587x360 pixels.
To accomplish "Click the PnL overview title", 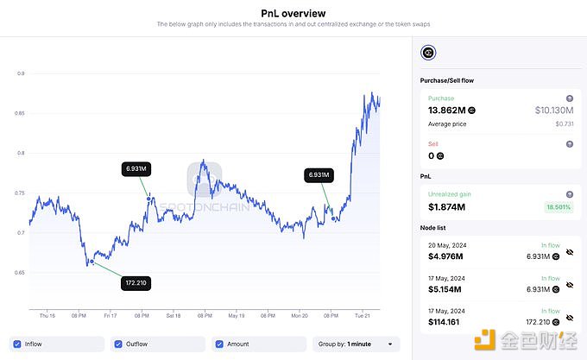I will (x=293, y=13).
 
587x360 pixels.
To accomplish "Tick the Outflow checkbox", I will (x=118, y=344).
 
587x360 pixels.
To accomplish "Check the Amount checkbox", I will (x=219, y=344).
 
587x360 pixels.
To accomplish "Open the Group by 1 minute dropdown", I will (x=357, y=344).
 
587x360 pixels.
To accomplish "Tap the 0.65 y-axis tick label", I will (x=18, y=273).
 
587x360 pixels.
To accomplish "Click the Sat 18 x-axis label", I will (x=174, y=316).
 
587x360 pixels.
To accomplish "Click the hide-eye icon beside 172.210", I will (x=568, y=321).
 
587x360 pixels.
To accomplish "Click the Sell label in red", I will (x=432, y=143).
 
